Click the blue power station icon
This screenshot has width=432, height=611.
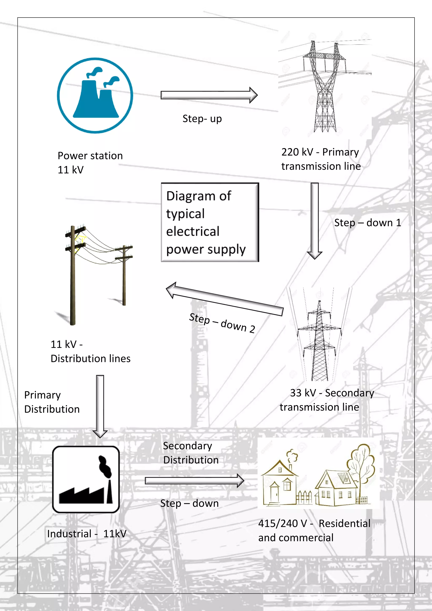[x=95, y=95]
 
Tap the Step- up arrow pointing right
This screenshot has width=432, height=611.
[x=209, y=95]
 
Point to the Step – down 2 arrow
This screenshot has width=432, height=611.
[x=225, y=299]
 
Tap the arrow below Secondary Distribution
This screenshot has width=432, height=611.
[x=194, y=481]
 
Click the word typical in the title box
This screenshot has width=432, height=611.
[x=185, y=214]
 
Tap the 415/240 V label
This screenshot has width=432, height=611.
[x=282, y=523]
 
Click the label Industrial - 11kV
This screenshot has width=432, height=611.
[x=87, y=534]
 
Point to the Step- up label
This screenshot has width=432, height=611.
[x=202, y=119]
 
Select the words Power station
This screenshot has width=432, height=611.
[x=90, y=156]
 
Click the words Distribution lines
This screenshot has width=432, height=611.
[x=90, y=359]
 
